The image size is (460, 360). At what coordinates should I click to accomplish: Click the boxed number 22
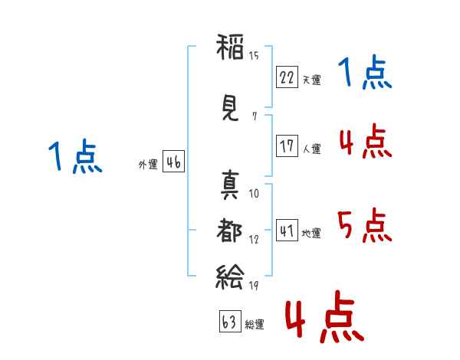287,77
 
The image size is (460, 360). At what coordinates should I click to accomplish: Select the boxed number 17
287,147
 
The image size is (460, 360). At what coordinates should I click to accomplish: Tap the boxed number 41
287,231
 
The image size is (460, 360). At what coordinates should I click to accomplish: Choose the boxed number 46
173,162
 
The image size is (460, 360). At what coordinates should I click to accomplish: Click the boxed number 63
229,322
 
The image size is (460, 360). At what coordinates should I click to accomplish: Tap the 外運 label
147,165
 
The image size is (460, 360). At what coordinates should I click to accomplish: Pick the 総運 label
254,324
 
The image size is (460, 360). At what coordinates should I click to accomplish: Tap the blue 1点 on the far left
74,157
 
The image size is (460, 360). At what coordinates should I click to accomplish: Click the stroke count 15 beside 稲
254,55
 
